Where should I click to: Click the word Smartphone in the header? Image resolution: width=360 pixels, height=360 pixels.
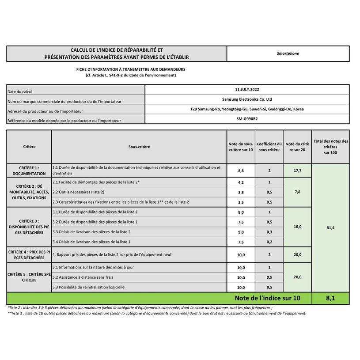click(288, 53)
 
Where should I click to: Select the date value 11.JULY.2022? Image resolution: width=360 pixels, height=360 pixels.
click(247, 89)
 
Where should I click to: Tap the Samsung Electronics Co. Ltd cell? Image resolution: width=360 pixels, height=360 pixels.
click(247, 99)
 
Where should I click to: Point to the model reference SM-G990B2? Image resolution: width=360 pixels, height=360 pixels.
click(247, 119)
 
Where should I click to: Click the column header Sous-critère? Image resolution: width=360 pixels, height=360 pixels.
click(139, 147)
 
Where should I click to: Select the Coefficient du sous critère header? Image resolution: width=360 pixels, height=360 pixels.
click(269, 147)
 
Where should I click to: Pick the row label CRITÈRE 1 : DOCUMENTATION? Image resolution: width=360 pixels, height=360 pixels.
click(29, 171)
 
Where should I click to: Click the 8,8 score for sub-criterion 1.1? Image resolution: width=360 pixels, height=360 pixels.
click(241, 171)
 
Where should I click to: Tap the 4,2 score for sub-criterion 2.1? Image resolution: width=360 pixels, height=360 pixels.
click(241, 182)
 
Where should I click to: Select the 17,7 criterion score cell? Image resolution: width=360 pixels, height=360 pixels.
click(297, 171)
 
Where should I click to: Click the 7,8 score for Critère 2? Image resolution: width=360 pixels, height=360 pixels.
click(297, 192)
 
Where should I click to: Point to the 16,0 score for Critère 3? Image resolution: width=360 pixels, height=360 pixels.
click(297, 227)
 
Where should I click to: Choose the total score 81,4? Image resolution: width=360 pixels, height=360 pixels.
click(330, 228)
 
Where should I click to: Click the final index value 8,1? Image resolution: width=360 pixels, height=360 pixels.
click(330, 299)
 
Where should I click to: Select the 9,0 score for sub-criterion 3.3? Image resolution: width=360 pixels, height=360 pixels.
click(241, 232)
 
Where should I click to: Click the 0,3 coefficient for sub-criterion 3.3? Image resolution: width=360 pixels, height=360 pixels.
click(269, 232)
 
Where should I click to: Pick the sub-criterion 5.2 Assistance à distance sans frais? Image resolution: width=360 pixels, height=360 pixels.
click(83, 277)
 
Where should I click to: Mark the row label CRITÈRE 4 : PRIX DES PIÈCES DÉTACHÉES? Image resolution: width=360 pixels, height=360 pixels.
click(29, 254)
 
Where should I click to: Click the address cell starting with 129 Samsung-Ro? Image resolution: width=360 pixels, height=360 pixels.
click(247, 109)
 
